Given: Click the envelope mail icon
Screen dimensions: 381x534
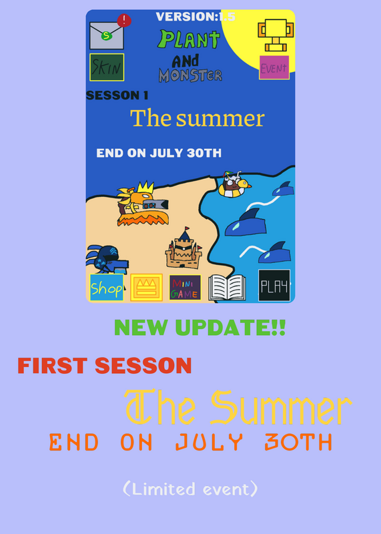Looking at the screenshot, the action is [x=107, y=35].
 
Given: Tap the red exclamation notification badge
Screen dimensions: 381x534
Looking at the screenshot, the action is [x=124, y=21].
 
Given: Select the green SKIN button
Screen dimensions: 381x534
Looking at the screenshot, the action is [x=107, y=67].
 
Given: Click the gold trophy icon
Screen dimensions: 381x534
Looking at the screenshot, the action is [x=276, y=35].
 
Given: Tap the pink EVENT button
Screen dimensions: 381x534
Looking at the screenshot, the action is [x=274, y=67].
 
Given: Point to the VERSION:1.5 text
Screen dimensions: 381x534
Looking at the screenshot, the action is [x=196, y=17].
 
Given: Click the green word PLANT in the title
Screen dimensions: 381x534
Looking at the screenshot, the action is [x=189, y=39].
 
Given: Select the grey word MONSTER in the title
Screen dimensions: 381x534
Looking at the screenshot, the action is [x=190, y=75].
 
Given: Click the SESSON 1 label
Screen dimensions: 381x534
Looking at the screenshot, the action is [x=117, y=95].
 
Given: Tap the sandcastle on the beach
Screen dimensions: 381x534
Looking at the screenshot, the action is [x=183, y=248].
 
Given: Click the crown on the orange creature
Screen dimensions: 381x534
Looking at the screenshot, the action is [x=145, y=188].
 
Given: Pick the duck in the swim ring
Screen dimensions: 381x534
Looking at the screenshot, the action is [x=234, y=185].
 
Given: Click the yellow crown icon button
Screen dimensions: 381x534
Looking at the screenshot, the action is [x=146, y=287].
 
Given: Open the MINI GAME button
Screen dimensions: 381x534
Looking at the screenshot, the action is [x=185, y=288].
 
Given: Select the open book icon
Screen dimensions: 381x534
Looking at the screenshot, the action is [x=227, y=288].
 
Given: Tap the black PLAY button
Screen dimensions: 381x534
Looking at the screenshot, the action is [x=274, y=286].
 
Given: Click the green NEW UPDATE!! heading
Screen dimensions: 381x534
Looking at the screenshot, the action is [x=200, y=327].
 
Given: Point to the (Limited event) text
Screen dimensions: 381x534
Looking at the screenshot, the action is [x=190, y=489].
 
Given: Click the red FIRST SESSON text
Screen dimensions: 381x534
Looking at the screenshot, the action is [x=105, y=366].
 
